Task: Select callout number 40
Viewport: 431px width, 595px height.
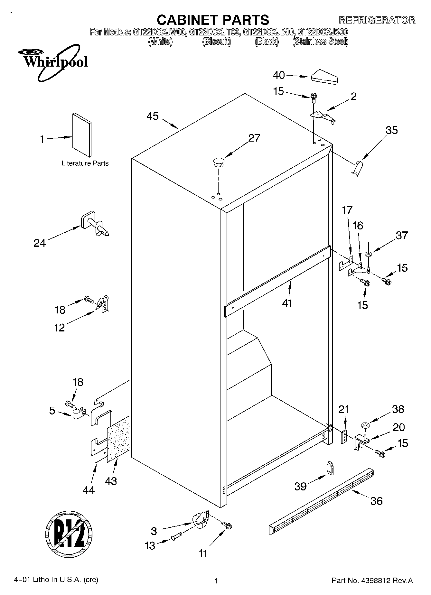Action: coord(279,75)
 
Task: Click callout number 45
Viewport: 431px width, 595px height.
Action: coord(153,116)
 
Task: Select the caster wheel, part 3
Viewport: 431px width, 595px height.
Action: coord(200,520)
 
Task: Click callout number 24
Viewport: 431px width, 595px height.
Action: coord(40,243)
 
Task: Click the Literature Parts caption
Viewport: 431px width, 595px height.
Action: coord(85,163)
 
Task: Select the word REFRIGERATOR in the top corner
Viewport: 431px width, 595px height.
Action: coord(377,20)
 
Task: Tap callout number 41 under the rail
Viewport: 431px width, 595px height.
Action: coord(287,303)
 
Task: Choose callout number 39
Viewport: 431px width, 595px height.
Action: coord(300,486)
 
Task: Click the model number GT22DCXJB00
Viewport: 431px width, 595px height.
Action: coord(268,32)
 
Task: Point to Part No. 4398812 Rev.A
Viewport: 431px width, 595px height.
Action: coord(372,581)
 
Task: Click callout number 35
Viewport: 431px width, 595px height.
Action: coord(392,130)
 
